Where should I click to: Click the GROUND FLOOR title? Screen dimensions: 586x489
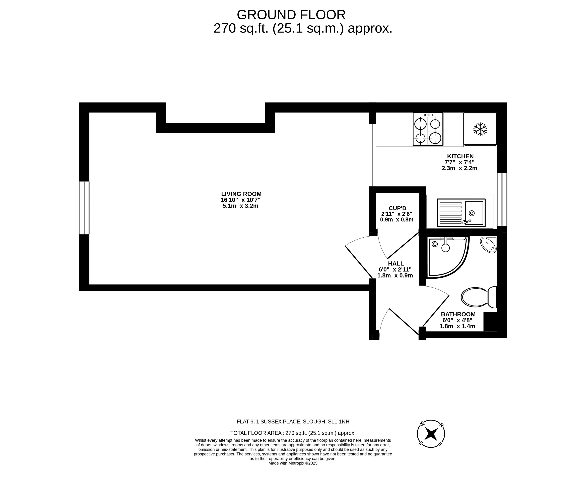[291, 15]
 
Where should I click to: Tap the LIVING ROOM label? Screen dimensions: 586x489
[241, 194]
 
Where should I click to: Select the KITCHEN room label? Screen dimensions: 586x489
[461, 156]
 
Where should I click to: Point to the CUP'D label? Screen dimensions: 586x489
[397, 208]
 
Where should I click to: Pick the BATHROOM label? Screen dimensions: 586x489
[458, 314]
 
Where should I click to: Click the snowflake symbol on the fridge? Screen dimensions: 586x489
[480, 129]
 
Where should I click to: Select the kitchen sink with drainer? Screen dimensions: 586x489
[461, 213]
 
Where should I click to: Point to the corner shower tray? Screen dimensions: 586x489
[448, 257]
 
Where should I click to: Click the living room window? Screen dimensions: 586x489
[84, 208]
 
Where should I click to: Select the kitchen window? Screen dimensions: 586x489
[502, 199]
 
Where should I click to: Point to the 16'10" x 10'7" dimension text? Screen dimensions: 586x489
[241, 200]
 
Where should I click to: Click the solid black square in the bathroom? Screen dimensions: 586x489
[490, 321]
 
